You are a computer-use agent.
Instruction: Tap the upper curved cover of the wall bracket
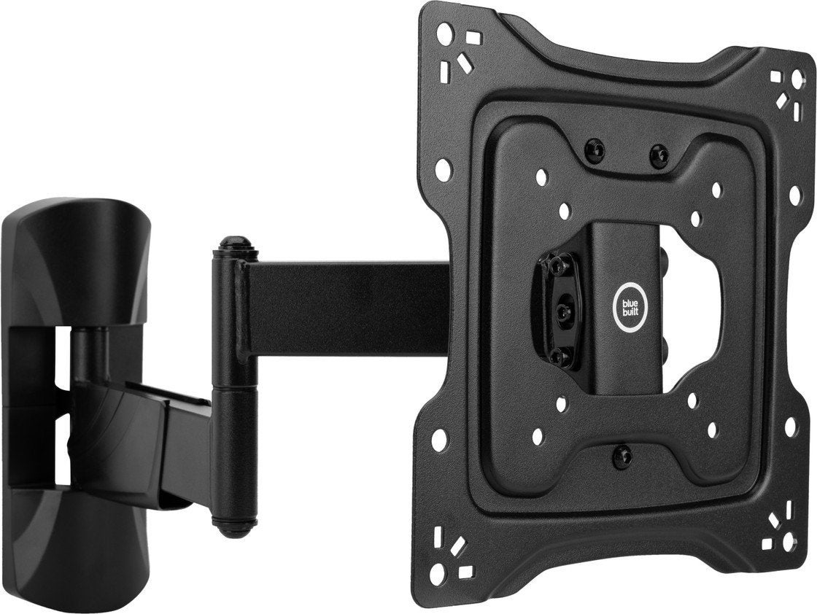click(x=77, y=263)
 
